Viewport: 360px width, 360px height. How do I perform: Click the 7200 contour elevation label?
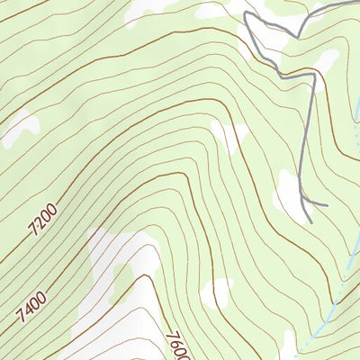pos(41,219)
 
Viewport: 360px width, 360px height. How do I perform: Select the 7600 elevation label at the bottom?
pos(177,343)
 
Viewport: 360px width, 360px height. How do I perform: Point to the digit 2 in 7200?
pos(38,223)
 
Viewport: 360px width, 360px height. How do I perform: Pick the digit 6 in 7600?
pos(176,341)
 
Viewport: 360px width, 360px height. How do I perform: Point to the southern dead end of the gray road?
pos(310,221)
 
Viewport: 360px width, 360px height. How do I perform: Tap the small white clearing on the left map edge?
pos(20,127)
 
